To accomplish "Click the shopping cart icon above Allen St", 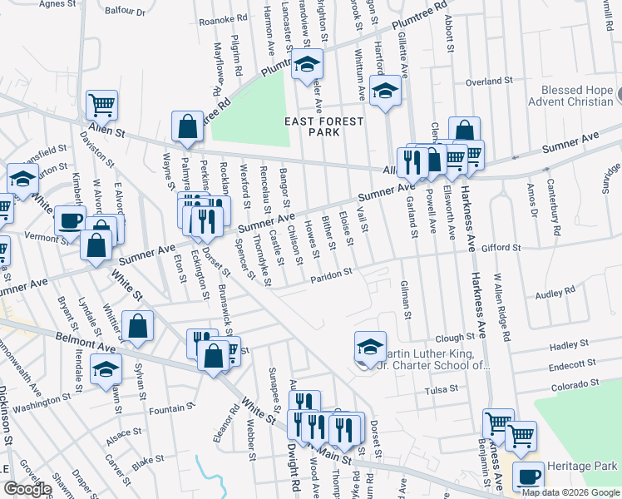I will pyautogui.click(x=101, y=105).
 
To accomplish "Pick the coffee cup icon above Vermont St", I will pyautogui.click(x=70, y=220).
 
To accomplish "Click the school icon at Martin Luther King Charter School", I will pyautogui.click(x=370, y=347).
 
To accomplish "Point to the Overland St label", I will pyautogui.click(x=488, y=82).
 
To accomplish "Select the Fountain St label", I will pyautogui.click(x=171, y=411).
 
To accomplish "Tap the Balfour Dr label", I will pyautogui.click(x=126, y=12).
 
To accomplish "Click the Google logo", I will pyautogui.click(x=27, y=489).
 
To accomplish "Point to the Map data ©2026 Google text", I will pyautogui.click(x=570, y=492).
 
